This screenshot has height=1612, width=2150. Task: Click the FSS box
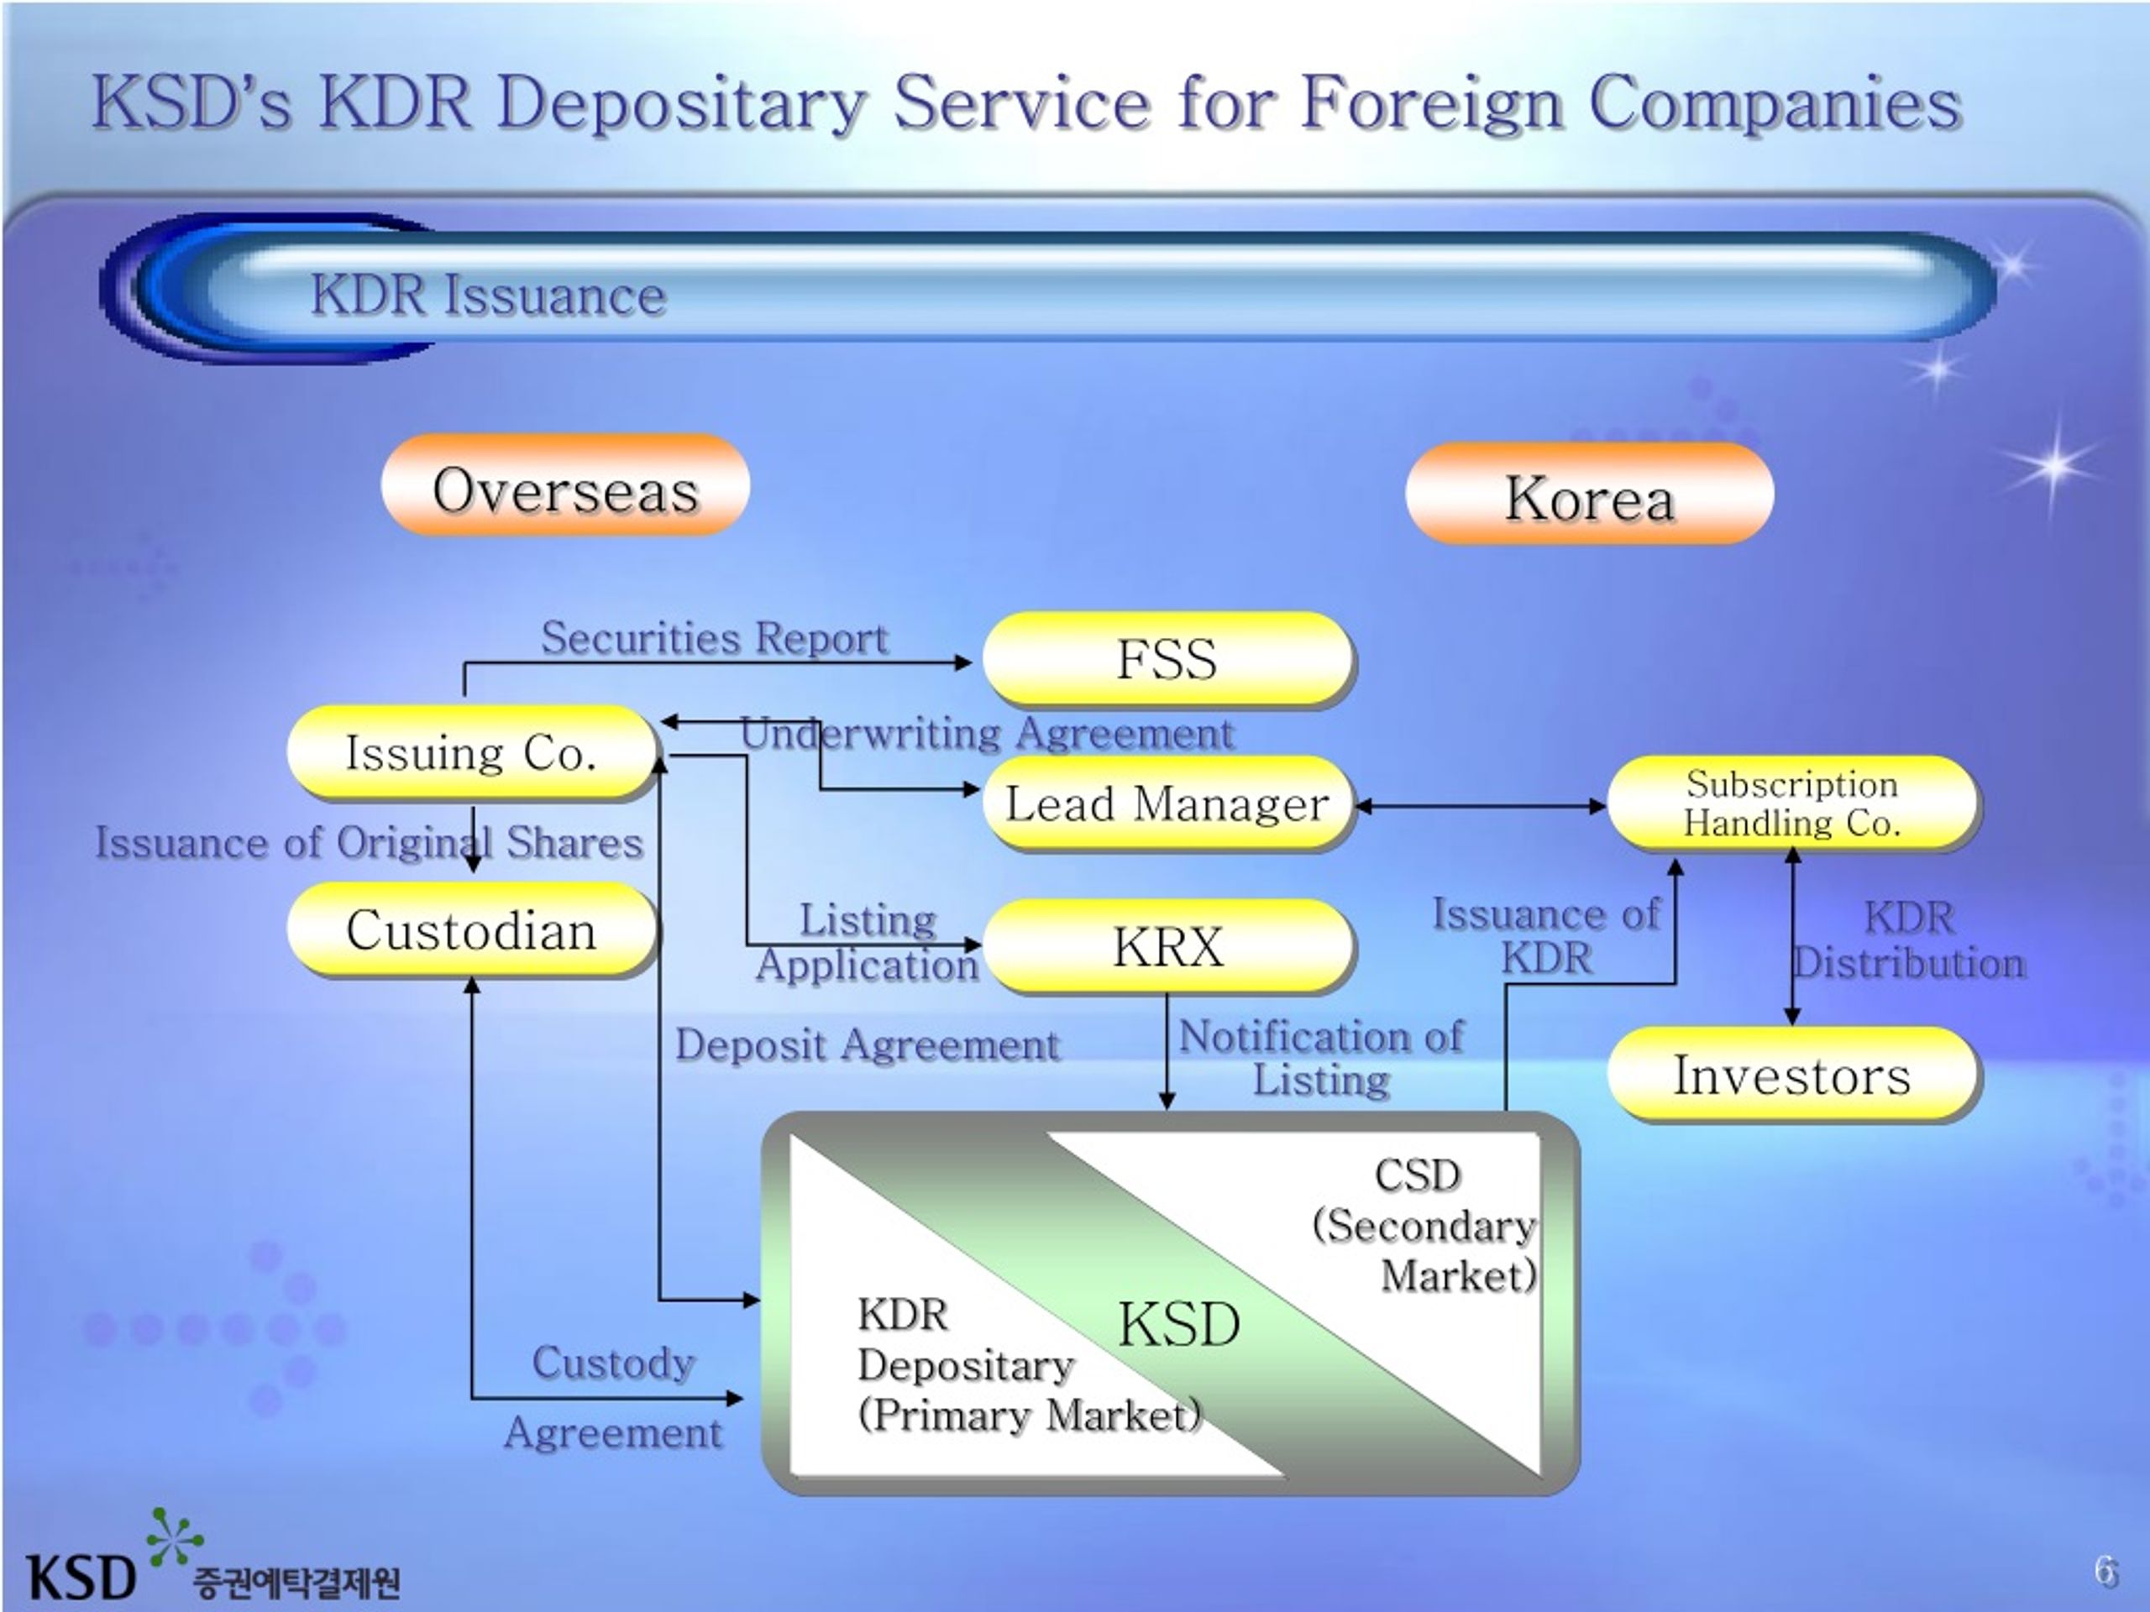pyautogui.click(x=1167, y=659)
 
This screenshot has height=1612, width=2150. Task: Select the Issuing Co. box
pyautogui.click(x=471, y=753)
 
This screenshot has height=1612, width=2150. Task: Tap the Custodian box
pyautogui.click(x=471, y=930)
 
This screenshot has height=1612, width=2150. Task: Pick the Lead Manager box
pyautogui.click(x=1167, y=803)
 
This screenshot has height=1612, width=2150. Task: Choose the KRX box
pyautogui.click(x=1167, y=946)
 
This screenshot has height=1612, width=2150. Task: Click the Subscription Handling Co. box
pyautogui.click(x=1792, y=803)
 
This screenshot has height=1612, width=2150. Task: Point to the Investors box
pyautogui.click(x=1792, y=1075)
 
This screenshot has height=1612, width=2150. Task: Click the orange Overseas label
pyautogui.click(x=566, y=485)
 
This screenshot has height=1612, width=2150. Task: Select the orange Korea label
pyautogui.click(x=1590, y=494)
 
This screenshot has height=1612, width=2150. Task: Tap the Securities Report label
pyautogui.click(x=715, y=638)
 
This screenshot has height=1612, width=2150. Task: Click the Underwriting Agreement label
pyautogui.click(x=988, y=733)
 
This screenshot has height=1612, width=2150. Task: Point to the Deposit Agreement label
pyautogui.click(x=867, y=1045)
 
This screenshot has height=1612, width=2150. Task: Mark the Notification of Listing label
pyautogui.click(x=1321, y=1057)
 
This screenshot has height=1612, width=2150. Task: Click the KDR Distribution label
pyautogui.click(x=1910, y=940)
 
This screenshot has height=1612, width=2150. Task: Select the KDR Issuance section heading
pyautogui.click(x=489, y=295)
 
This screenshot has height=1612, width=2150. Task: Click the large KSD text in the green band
pyautogui.click(x=1179, y=1323)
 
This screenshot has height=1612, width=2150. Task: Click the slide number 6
pyautogui.click(x=2105, y=1571)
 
